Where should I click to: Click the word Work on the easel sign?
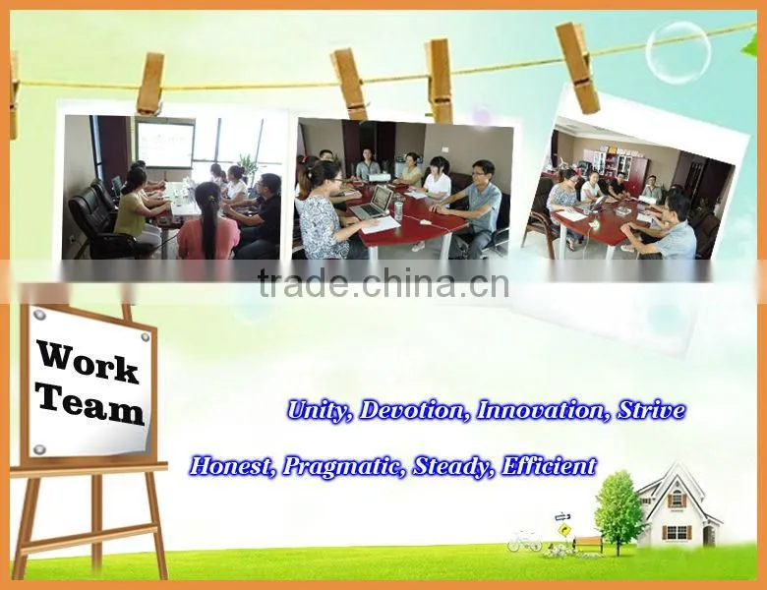coord(88,362)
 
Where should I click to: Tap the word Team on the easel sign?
coord(91,406)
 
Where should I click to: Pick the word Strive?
coord(651,410)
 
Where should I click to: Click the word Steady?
coord(453,467)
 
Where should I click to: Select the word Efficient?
coord(549,466)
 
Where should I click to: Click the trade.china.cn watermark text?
coord(383,284)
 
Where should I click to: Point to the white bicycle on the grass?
coord(524,541)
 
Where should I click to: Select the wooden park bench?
coord(588,545)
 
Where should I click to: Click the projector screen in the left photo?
coord(163,144)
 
